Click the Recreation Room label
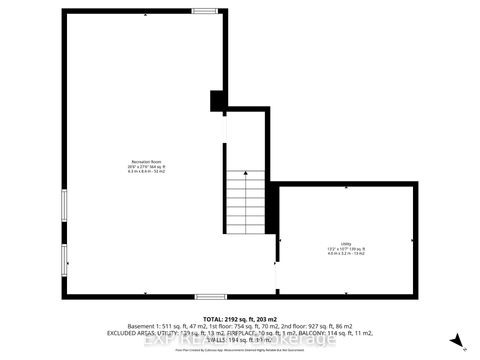pos(146,161)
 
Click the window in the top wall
pos(206,10)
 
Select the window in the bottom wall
pos(209,296)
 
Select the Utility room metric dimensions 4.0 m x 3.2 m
pos(344,252)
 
